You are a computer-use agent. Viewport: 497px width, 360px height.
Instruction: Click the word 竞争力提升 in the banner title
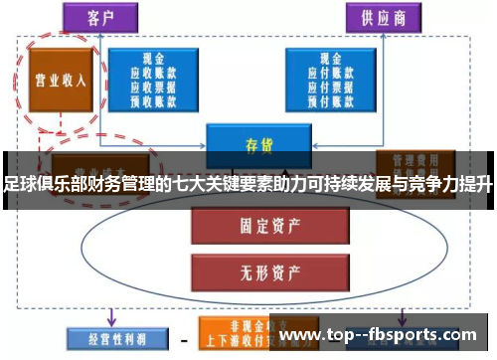coord(451,184)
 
